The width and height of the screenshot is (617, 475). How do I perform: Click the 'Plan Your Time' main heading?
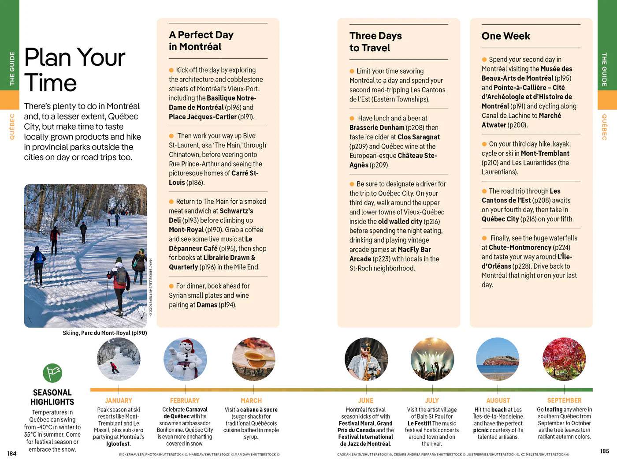pos(74,70)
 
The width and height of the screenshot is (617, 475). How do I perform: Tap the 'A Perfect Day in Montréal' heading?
pos(201,41)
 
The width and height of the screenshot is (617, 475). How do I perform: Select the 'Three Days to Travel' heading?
pos(375,41)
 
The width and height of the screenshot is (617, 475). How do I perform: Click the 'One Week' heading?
pos(505,36)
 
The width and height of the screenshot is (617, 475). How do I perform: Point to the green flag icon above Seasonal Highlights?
pos(52,373)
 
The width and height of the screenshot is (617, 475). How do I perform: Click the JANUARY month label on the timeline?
pos(118,400)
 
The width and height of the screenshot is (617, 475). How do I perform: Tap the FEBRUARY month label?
pos(185,400)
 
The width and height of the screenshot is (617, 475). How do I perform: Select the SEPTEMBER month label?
pos(564,400)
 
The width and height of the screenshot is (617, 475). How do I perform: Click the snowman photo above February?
pos(185,359)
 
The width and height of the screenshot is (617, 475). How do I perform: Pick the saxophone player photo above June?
pos(366,359)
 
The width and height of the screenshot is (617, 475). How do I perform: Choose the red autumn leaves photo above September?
pos(564,359)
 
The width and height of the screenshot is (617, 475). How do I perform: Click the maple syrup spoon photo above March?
pos(253,359)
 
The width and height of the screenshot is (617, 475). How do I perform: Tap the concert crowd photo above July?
pos(432,359)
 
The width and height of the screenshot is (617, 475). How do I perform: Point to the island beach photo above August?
pos(498,359)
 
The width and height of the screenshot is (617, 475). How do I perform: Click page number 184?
pos(12,453)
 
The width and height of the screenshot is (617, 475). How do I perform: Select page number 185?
pos(604,451)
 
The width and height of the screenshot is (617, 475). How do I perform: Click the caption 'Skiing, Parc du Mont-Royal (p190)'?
pos(105,333)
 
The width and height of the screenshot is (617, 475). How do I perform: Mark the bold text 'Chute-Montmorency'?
pos(520,247)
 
